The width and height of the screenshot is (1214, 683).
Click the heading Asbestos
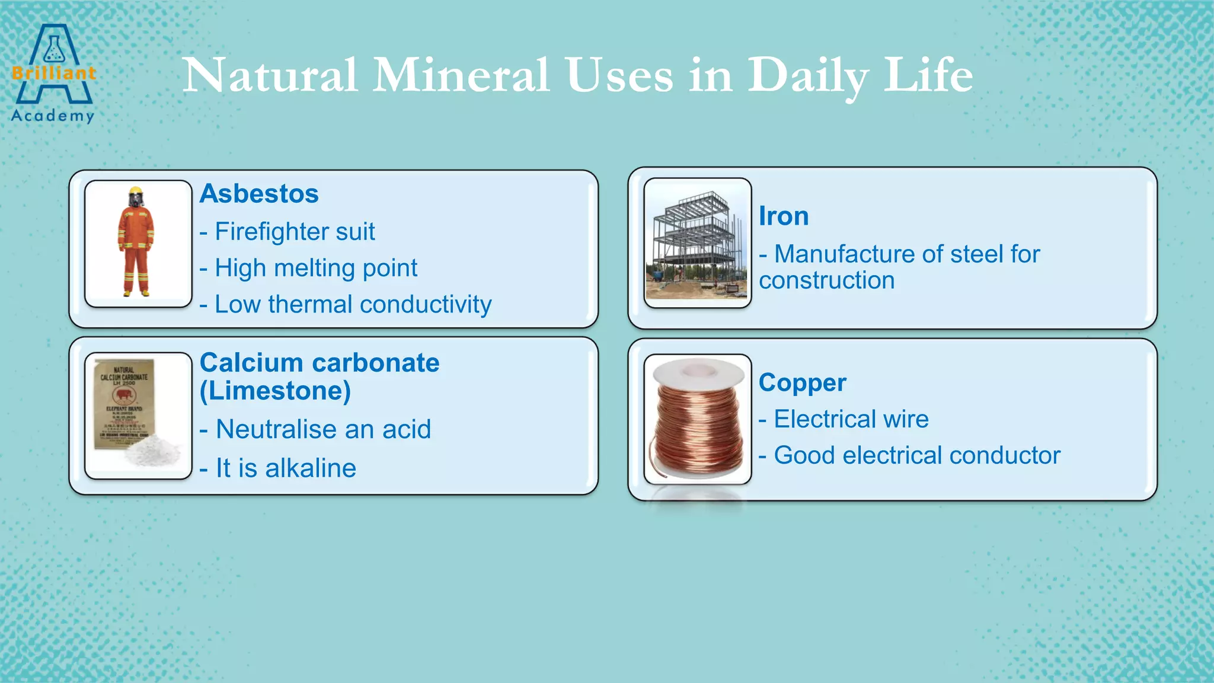click(259, 194)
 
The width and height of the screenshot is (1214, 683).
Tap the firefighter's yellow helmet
click(136, 192)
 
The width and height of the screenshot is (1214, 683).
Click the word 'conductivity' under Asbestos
click(425, 305)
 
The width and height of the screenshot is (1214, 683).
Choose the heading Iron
click(784, 216)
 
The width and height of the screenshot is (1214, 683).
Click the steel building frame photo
click(697, 243)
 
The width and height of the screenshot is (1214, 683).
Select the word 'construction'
click(826, 280)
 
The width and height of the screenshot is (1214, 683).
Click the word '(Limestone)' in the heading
click(275, 391)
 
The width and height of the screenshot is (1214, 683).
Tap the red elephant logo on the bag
click(124, 396)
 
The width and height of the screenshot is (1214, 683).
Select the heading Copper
click(802, 383)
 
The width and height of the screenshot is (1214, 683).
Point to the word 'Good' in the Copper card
click(804, 455)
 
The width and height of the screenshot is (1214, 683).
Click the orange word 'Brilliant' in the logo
click(53, 74)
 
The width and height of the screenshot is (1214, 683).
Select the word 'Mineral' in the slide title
click(461, 76)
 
